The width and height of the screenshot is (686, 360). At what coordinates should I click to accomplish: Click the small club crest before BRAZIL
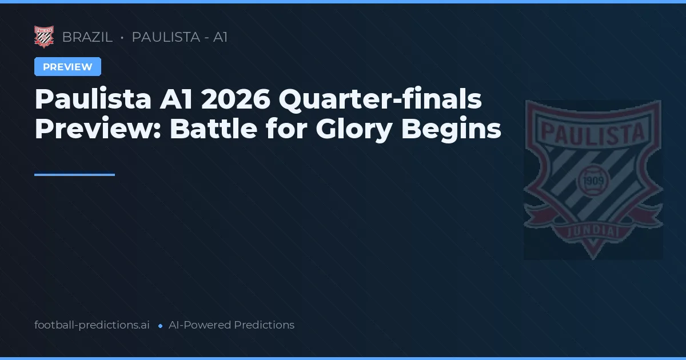click(44, 37)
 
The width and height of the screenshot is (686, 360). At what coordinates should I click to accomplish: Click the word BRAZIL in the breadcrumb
click(87, 38)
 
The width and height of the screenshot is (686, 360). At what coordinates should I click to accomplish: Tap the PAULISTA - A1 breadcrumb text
click(180, 38)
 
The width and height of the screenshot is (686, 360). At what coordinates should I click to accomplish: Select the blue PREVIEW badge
click(67, 67)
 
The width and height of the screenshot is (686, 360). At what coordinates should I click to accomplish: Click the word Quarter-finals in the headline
click(380, 101)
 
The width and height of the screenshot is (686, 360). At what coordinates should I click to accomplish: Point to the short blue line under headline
click(74, 175)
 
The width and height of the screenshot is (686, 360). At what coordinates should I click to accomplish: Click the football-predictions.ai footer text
click(92, 325)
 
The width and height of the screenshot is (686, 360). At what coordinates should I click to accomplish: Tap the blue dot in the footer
click(160, 326)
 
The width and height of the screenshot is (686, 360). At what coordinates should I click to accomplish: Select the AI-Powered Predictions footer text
click(232, 325)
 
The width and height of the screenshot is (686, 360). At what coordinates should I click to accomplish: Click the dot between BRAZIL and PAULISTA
click(122, 38)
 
